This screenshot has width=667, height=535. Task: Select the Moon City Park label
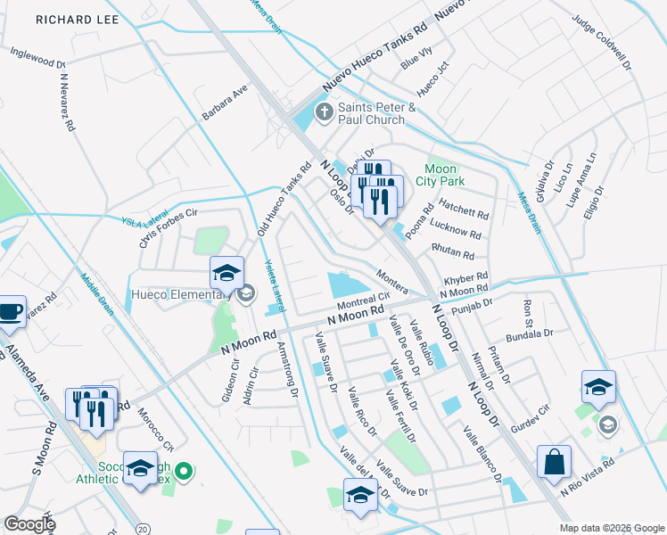441,175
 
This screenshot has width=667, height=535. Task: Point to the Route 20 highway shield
142,523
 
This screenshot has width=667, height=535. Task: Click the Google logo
29,523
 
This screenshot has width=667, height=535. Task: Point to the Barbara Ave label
225,104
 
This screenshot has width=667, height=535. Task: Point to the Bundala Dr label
530,335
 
